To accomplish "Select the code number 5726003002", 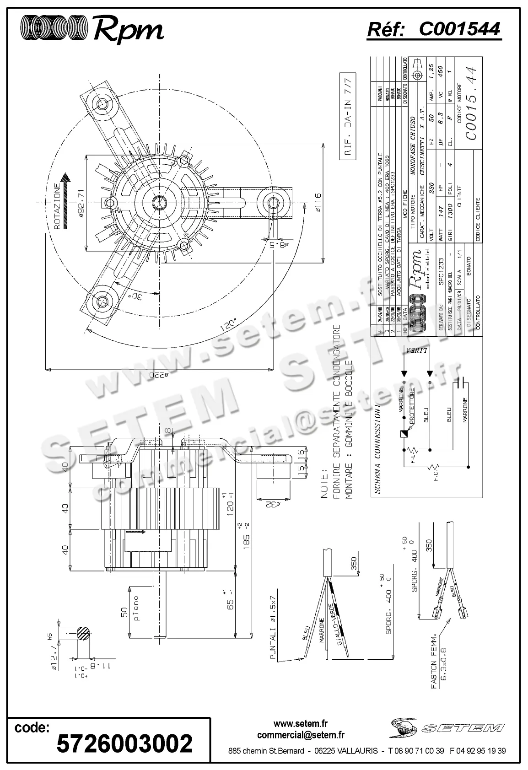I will coord(124,743).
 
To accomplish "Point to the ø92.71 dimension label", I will coord(80,203).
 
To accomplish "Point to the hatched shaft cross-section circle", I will coord(83,634).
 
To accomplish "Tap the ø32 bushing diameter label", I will coord(273,505).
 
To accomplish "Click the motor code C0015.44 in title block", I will coord(471,103).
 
